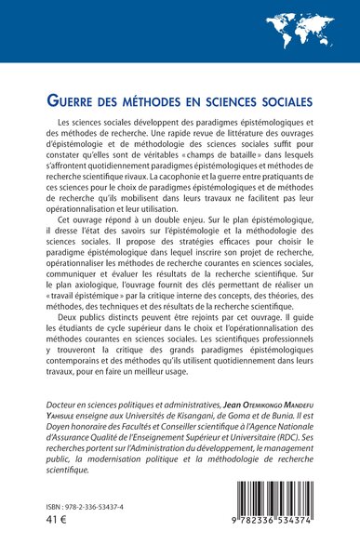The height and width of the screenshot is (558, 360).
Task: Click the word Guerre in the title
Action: [x=76, y=99]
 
